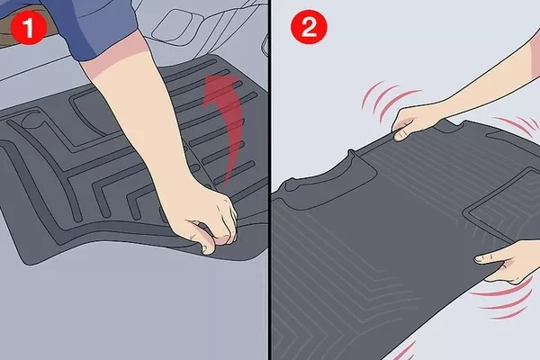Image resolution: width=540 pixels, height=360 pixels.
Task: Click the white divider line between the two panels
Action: tap(271, 180)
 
